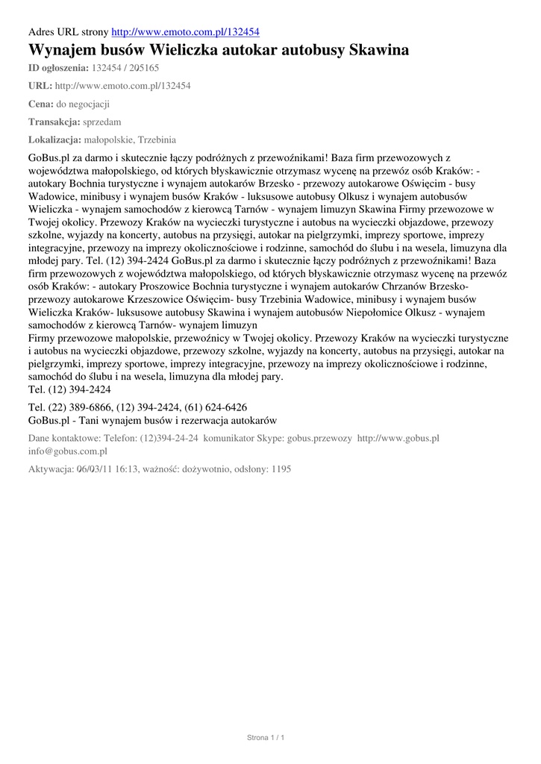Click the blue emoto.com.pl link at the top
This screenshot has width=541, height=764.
tap(185, 32)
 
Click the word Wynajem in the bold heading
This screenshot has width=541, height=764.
tap(61, 51)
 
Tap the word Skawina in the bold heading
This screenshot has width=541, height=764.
tap(377, 51)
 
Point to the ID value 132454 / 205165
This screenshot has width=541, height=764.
tap(125, 67)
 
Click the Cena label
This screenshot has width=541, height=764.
tap(40, 104)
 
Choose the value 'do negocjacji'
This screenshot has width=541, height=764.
tap(84, 104)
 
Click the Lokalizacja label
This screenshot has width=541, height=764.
tap(54, 140)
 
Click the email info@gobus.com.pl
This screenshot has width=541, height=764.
tap(68, 451)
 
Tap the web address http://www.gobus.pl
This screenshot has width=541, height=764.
tap(398, 438)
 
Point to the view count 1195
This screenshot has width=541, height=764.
tap(281, 469)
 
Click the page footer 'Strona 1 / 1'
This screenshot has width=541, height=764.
tap(266, 737)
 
